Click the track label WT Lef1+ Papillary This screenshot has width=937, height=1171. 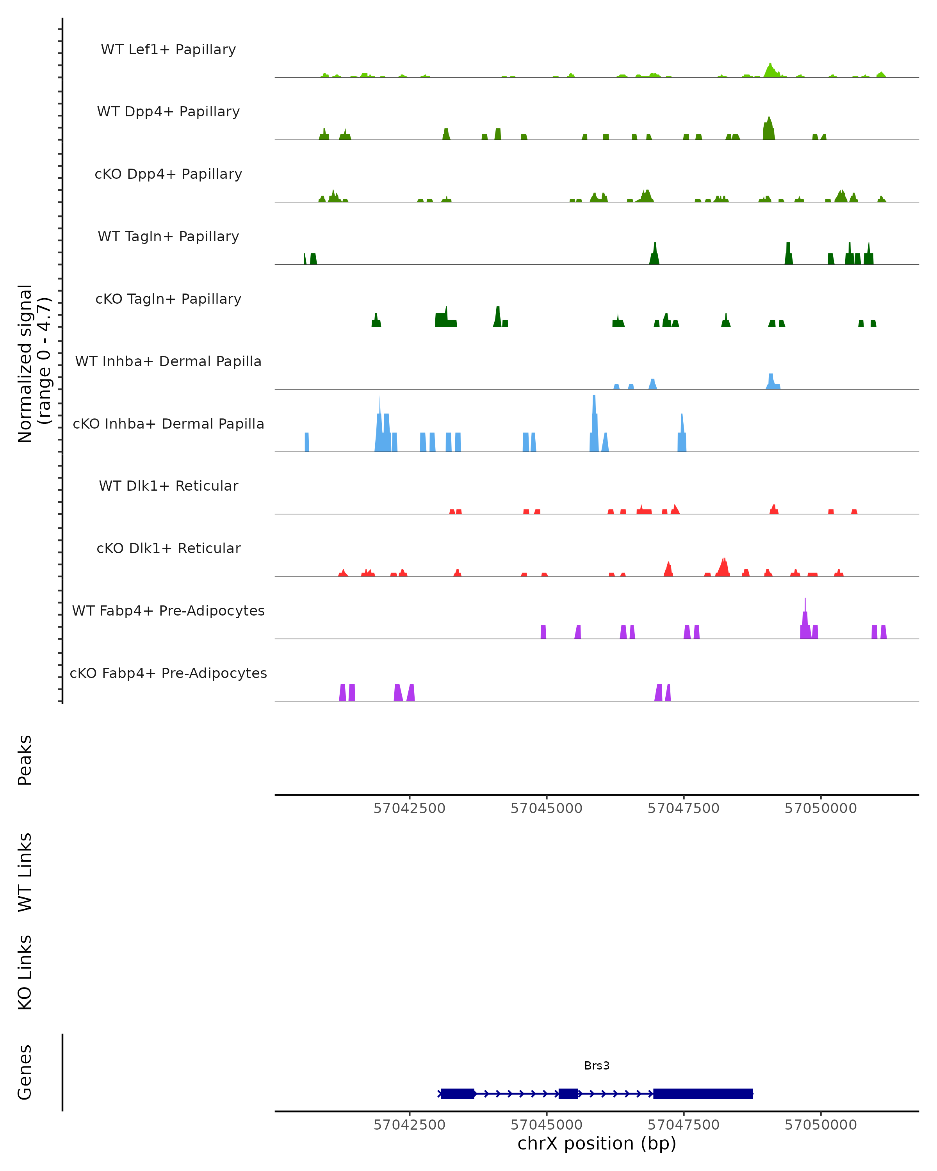coord(168,50)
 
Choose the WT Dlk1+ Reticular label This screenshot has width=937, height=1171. coord(168,486)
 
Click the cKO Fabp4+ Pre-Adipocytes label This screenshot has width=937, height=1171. coord(168,673)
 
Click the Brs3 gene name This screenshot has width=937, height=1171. coord(597,1066)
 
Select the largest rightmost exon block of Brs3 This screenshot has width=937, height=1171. coord(703,1093)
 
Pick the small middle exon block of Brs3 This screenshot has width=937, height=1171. coord(568,1093)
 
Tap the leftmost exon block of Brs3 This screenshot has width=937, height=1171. coord(457,1093)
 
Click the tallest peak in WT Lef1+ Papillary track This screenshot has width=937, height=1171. coord(770,69)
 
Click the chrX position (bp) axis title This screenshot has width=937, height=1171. coord(597,1143)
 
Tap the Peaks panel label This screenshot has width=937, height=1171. coord(25,760)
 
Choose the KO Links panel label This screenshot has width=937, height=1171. coord(25,972)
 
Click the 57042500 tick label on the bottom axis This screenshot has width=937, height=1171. coord(409,1125)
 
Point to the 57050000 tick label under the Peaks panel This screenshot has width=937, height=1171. coord(820,808)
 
